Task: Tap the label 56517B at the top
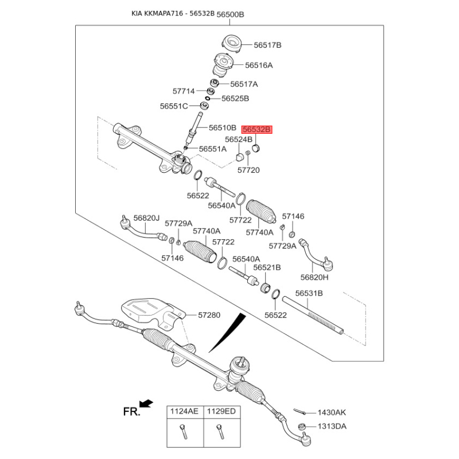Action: coord(267,45)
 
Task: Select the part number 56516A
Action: coord(259,65)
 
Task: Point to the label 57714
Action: coord(184,91)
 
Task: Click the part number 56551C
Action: coord(174,106)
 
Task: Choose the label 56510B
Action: coord(223,128)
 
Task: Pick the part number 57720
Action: coord(248,170)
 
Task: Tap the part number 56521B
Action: coord(267,267)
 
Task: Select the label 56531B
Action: coord(309,293)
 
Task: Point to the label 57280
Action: coord(209,315)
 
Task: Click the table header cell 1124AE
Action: coord(182,412)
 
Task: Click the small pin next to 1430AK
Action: coord(298,411)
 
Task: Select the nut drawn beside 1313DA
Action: coord(301,426)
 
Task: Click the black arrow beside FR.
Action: coord(146,404)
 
